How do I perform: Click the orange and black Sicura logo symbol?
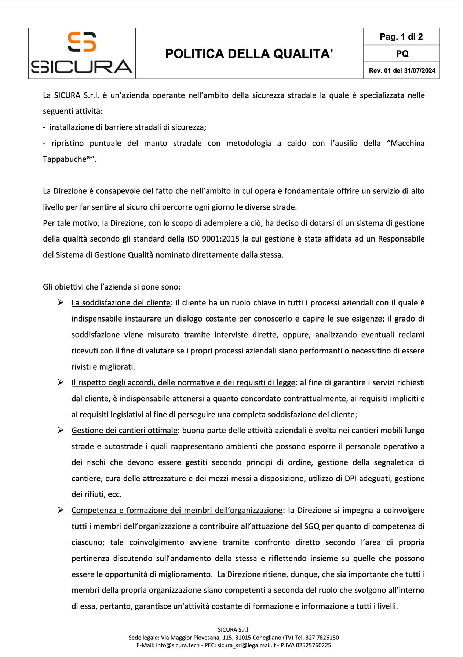pos(82,42)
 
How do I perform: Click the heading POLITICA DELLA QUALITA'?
pos(249,54)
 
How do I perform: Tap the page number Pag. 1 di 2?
pos(401,37)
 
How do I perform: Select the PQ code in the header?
pos(402,54)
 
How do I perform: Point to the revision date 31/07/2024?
pos(419,70)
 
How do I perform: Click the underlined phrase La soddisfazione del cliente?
pos(121,303)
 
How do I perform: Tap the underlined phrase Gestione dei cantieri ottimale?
pos(124,431)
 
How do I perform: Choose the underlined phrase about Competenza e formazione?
pos(177,510)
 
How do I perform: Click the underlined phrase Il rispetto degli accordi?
pos(183,383)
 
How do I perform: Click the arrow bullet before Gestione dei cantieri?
pos(61,430)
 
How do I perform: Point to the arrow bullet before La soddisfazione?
pos(61,302)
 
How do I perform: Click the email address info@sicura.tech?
pos(178,645)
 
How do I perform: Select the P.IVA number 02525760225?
pos(313,645)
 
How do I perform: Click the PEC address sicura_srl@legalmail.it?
pos(246,645)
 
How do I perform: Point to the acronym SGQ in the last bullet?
pos(312,526)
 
